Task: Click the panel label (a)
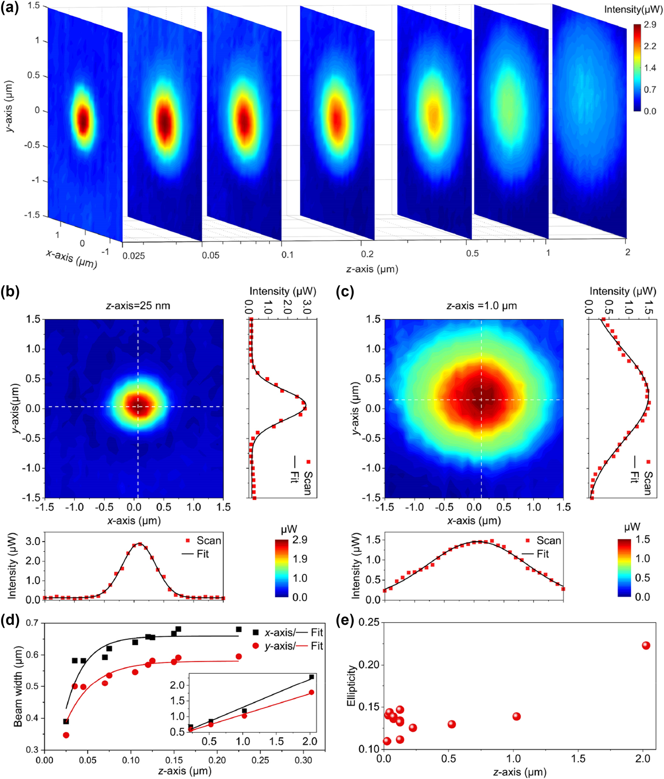tap(10, 7)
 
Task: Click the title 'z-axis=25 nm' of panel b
tap(138, 306)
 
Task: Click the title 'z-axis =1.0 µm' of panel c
tap(482, 306)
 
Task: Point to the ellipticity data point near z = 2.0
tap(646, 645)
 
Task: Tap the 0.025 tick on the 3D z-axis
tap(134, 256)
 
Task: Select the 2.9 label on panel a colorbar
tap(650, 25)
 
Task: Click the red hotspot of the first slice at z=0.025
tap(83, 120)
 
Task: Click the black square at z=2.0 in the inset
tap(311, 677)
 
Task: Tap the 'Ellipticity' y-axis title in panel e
tap(351, 686)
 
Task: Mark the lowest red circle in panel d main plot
tap(66, 735)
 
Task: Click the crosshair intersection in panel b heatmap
tap(138, 406)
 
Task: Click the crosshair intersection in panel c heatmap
tap(481, 400)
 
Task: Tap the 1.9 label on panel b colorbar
tap(300, 559)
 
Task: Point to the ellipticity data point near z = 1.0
tap(516, 717)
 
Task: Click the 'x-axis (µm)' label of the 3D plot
tap(72, 259)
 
